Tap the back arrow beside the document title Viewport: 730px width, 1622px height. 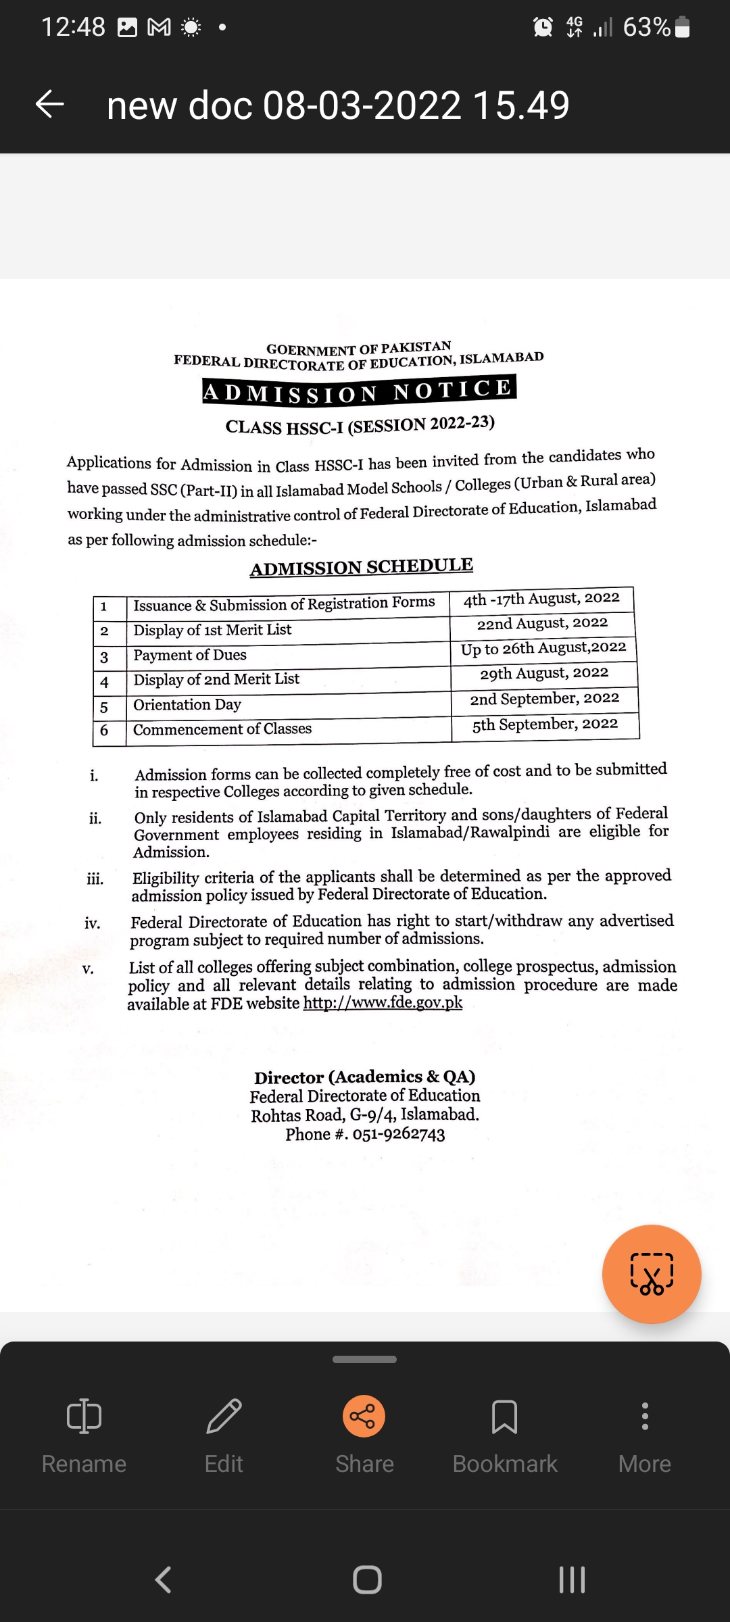coord(49,105)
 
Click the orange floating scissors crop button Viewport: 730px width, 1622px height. coord(652,1274)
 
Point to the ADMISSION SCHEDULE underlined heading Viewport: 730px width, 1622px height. coord(362,567)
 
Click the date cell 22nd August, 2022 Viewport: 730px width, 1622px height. coord(542,624)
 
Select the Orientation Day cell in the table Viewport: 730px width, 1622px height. coord(187,705)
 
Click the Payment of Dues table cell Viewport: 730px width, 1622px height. coord(190,655)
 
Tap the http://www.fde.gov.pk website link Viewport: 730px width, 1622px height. coord(383,1002)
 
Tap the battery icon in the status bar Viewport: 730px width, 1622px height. coord(683,27)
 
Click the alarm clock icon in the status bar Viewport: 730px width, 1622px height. coord(543,27)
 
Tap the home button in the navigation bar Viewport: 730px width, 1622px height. coord(367,1579)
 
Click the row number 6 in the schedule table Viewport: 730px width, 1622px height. coord(104,731)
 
